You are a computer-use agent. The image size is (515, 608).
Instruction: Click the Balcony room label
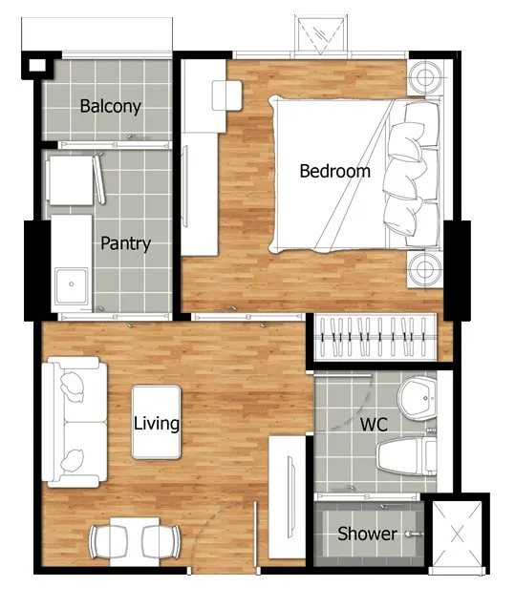click(x=111, y=106)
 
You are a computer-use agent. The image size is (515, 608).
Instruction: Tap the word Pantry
click(x=126, y=243)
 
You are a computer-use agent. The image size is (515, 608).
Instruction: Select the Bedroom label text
click(x=335, y=171)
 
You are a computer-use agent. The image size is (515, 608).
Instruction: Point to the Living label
click(x=157, y=424)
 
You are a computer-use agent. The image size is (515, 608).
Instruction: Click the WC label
click(x=374, y=425)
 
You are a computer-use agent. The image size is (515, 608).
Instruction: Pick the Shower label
click(x=367, y=534)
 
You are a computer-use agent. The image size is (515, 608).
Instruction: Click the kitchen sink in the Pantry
click(x=72, y=286)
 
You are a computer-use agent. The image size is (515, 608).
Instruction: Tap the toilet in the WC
click(x=407, y=456)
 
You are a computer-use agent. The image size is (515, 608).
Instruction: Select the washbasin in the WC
click(x=418, y=399)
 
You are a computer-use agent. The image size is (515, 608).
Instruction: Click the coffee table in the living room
click(x=157, y=422)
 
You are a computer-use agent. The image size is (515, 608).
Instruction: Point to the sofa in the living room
click(x=75, y=422)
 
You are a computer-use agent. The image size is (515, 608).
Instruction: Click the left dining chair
click(x=108, y=542)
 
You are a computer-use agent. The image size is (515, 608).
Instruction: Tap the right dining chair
click(x=161, y=542)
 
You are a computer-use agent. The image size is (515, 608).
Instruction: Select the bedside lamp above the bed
click(x=424, y=76)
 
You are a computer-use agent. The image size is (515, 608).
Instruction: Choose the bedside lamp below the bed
click(x=424, y=269)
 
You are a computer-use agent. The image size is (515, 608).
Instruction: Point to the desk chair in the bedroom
click(x=227, y=95)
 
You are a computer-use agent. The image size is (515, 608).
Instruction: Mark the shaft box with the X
click(x=457, y=535)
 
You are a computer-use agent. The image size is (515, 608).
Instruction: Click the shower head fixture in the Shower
click(x=414, y=534)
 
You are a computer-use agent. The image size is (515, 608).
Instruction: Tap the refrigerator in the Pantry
click(x=71, y=180)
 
